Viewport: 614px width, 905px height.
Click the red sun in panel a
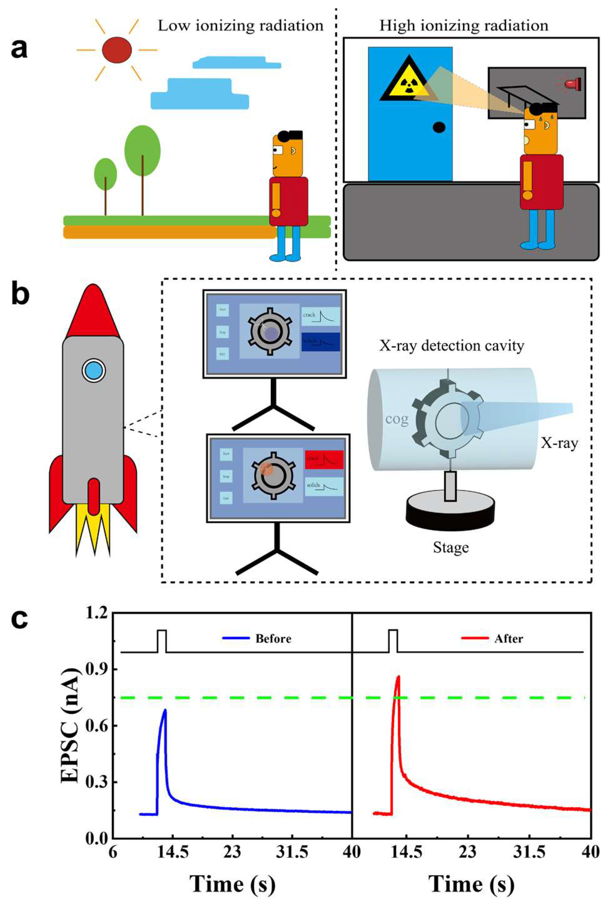pyautogui.click(x=117, y=50)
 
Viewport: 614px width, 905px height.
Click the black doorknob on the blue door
pyautogui.click(x=439, y=127)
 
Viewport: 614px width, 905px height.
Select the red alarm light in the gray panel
pyautogui.click(x=573, y=83)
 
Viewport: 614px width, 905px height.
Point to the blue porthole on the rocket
pyautogui.click(x=94, y=370)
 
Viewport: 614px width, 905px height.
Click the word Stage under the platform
pyautogui.click(x=451, y=548)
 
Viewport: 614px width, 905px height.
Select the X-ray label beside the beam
pyautogui.click(x=559, y=443)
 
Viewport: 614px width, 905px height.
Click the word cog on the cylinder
pyautogui.click(x=397, y=419)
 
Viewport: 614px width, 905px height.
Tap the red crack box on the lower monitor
pyautogui.click(x=324, y=459)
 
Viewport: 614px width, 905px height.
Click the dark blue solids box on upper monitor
pyautogui.click(x=321, y=341)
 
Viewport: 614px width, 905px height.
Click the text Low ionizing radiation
pyautogui.click(x=241, y=26)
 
